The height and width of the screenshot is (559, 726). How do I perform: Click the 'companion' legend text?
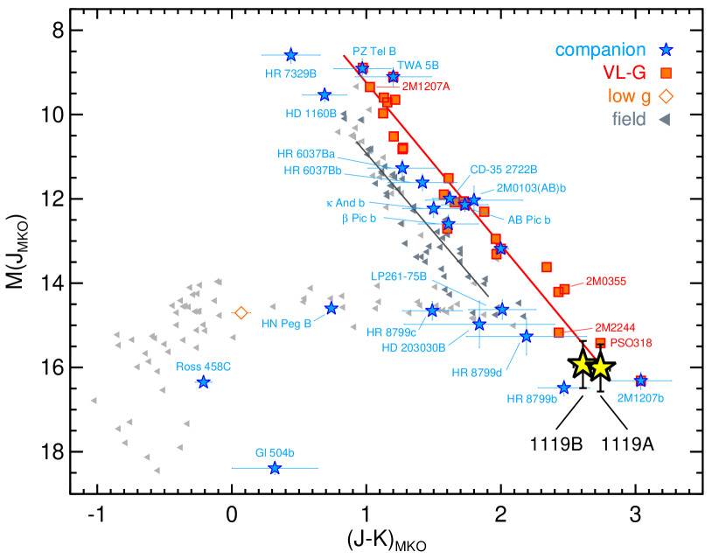click(600, 51)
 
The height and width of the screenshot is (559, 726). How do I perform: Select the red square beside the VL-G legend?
click(666, 73)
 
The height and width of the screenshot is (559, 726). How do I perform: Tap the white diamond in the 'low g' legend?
click(666, 96)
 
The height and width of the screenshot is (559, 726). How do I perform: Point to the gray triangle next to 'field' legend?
click(664, 120)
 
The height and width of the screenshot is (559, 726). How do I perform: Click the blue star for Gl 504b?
click(275, 468)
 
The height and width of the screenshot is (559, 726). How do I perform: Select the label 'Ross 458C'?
click(203, 367)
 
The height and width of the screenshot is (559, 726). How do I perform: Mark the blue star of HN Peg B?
click(332, 308)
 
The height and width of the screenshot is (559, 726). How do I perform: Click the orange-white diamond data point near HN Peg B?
click(241, 312)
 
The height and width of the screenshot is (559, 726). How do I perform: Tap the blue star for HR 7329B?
click(290, 55)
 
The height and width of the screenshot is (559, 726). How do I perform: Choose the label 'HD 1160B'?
click(311, 114)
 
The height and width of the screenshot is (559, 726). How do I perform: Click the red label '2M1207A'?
click(426, 87)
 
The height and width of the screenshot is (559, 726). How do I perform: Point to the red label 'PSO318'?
click(631, 343)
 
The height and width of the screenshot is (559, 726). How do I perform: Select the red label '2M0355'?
click(605, 281)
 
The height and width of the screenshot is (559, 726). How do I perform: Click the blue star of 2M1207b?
click(641, 380)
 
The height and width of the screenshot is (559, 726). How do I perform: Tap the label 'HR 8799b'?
click(532, 399)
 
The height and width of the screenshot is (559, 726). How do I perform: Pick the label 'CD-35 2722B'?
click(503, 170)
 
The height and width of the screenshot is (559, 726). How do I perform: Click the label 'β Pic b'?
click(359, 218)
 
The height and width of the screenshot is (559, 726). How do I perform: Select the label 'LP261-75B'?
click(398, 276)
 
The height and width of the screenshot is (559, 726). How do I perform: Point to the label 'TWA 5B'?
click(418, 66)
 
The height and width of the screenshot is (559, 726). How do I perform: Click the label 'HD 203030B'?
click(414, 347)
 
